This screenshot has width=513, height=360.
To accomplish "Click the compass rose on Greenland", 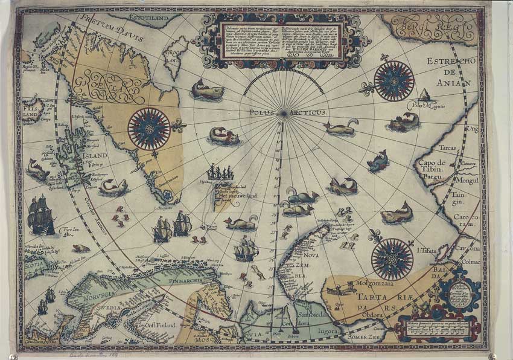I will pos(148,127).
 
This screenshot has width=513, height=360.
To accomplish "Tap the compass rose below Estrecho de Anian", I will pos(394,81).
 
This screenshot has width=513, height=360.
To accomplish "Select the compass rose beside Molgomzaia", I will pos(392,258).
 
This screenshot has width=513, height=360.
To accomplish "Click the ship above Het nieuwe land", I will pos(220,173).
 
